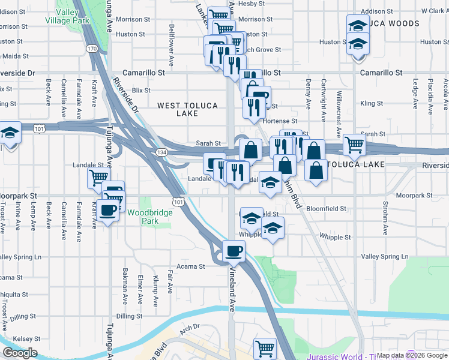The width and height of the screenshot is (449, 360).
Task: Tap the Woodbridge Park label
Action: [142, 217]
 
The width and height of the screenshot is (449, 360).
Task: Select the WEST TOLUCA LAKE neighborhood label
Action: [188, 109]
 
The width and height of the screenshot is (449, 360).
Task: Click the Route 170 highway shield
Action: [92, 47]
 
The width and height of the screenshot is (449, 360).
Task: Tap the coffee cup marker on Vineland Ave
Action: [234, 250]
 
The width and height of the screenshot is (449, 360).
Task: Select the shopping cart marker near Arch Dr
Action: [265, 348]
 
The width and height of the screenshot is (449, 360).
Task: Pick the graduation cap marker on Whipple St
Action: [273, 229]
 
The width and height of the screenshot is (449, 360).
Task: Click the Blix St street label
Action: [141, 90]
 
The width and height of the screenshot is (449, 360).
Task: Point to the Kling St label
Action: [372, 103]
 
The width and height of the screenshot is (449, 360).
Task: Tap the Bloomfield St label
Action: [327, 209]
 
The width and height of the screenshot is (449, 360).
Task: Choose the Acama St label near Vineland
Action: [186, 266]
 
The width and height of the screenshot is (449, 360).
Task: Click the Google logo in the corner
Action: [20, 353]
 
